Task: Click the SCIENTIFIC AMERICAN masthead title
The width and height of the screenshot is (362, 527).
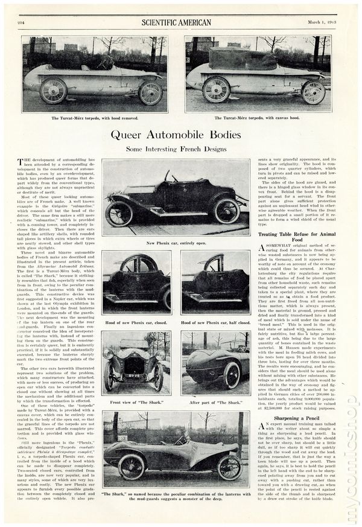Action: (x=177, y=23)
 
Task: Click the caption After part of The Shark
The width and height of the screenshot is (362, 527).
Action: (x=215, y=400)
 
